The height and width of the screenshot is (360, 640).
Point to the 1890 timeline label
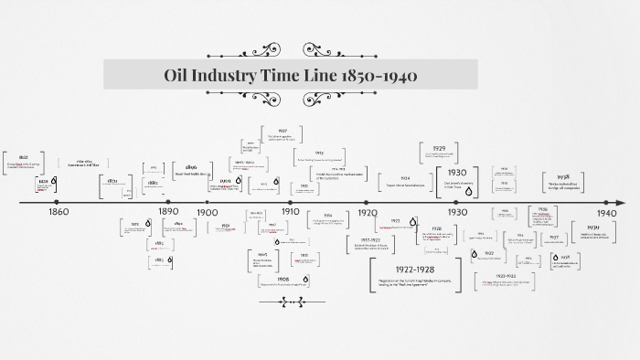pyautogui.click(x=169, y=212)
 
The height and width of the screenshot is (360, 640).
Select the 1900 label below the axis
pyautogui.click(x=207, y=212)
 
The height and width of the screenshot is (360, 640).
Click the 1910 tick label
pyautogui.click(x=290, y=212)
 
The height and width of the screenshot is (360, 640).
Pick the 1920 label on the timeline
pyautogui.click(x=368, y=212)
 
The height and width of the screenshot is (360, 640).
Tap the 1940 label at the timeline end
pyautogui.click(x=607, y=212)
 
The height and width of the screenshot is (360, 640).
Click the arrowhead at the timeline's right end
pyautogui.click(x=622, y=202)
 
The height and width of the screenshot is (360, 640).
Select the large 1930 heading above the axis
pyautogui.click(x=457, y=172)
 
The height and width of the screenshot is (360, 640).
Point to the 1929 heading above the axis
pyautogui.click(x=439, y=148)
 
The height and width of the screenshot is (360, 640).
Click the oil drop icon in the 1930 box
pyautogui.click(x=475, y=182)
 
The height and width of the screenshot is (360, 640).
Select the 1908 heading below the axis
pyautogui.click(x=283, y=279)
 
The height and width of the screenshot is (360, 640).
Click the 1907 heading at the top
pyautogui.click(x=283, y=131)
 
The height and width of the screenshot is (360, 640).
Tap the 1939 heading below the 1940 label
pyautogui.click(x=593, y=227)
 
